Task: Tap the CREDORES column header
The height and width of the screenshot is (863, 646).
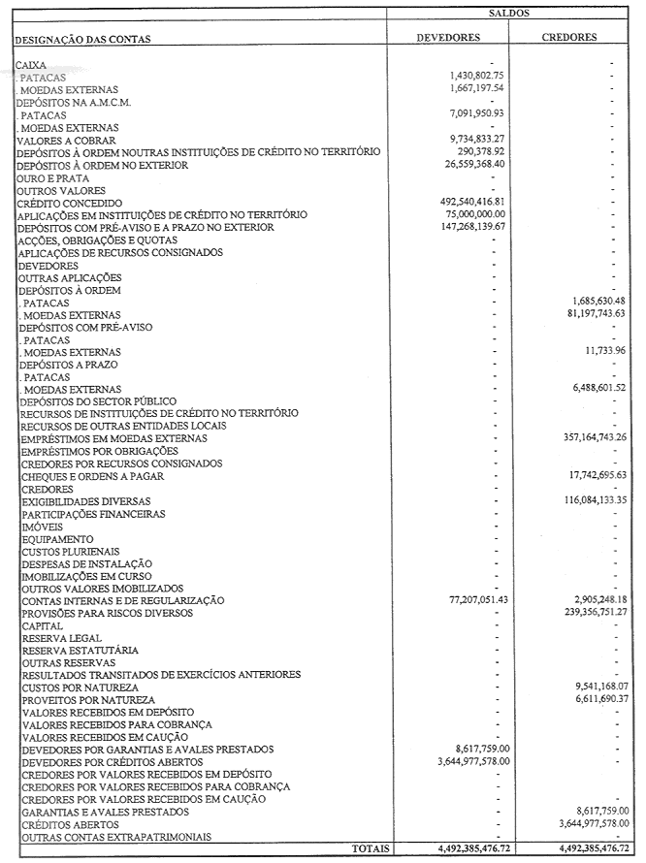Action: click(x=570, y=38)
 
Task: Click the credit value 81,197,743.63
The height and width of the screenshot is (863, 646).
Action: click(x=590, y=314)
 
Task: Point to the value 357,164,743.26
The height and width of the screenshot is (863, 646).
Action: click(x=588, y=438)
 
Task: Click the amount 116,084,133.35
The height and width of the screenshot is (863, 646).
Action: click(x=588, y=500)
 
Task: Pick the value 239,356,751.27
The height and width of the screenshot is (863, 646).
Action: click(x=588, y=613)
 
